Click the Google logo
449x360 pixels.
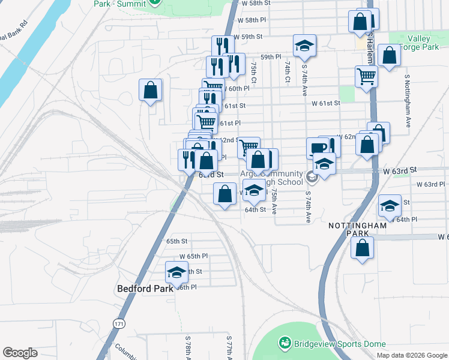tap(20, 353)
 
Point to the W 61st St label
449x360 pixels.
tap(326, 103)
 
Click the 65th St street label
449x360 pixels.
tap(177, 241)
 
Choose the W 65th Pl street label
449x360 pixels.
tap(193, 256)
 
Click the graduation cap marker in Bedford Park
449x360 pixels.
tap(176, 272)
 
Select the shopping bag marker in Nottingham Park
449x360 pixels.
tap(363, 248)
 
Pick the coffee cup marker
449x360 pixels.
tap(318, 148)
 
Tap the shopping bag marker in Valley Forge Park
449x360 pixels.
tap(390, 55)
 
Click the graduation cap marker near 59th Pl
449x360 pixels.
tap(304, 45)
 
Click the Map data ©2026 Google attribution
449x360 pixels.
tap(411, 355)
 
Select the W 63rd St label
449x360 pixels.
tap(402, 170)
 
